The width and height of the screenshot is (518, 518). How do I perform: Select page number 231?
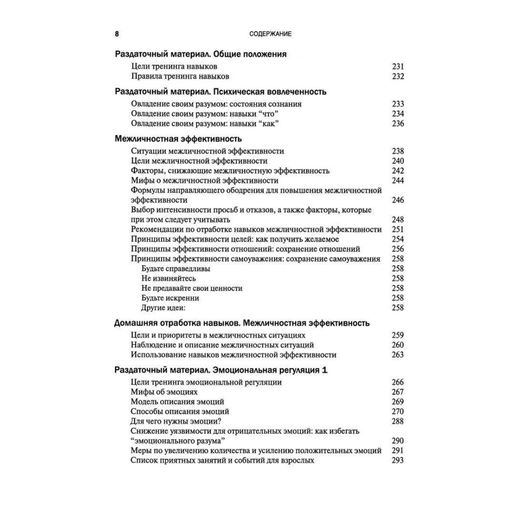pos(397,66)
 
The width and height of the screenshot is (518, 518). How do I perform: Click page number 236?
pos(397,123)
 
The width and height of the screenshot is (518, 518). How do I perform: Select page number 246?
pos(397,200)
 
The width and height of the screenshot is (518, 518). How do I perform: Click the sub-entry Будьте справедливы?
pos(176,269)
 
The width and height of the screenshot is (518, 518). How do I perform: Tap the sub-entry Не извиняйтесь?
pos(168,279)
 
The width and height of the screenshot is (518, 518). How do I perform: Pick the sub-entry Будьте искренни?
pos(170,298)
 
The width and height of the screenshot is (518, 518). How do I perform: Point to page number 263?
pos(397,355)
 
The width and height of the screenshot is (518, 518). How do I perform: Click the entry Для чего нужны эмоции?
pos(180,421)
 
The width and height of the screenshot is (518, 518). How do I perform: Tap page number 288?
pos(397,421)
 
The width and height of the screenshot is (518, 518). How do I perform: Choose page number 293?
pos(397,461)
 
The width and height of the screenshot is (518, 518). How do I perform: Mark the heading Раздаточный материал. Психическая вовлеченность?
pos(220,92)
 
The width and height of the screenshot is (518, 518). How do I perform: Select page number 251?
pos(397,229)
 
